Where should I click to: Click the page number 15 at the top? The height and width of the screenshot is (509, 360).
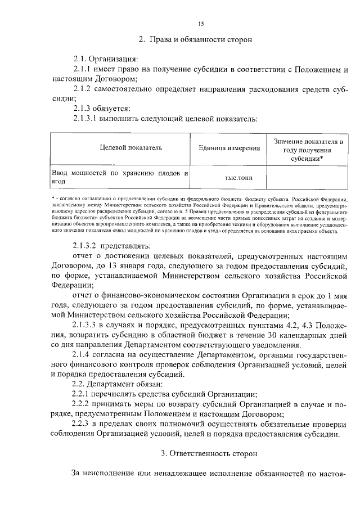201,23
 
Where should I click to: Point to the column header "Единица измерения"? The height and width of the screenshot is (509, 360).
229,148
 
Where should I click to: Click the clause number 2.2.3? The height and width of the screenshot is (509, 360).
83,422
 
